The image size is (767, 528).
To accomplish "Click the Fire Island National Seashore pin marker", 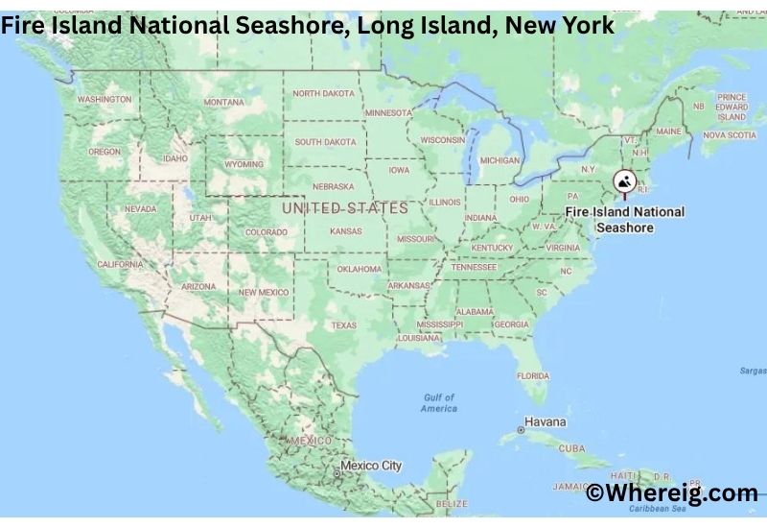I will point(624,181).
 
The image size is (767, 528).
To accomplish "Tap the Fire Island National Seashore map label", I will point(625,220).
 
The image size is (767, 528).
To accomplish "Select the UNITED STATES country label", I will point(345,207).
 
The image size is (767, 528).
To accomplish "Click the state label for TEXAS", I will point(344,325).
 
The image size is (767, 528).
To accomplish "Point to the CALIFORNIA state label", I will point(120,264).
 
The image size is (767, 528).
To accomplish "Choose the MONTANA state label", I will point(223,103).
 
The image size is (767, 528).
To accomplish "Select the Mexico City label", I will point(372,467).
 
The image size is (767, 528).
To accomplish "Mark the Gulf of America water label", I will point(439,403).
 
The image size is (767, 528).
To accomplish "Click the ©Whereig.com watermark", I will point(671,492).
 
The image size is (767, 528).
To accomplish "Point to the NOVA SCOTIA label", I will point(729,135).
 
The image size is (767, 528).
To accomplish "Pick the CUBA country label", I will point(571,448).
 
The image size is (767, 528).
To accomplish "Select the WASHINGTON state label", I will point(105,100).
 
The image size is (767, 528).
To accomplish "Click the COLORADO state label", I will point(266,232).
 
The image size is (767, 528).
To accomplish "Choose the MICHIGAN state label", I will point(500,160).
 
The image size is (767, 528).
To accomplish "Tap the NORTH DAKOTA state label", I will point(323,94).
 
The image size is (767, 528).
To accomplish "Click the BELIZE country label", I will point(451,504).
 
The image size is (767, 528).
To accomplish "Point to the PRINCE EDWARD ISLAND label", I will point(732,107).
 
